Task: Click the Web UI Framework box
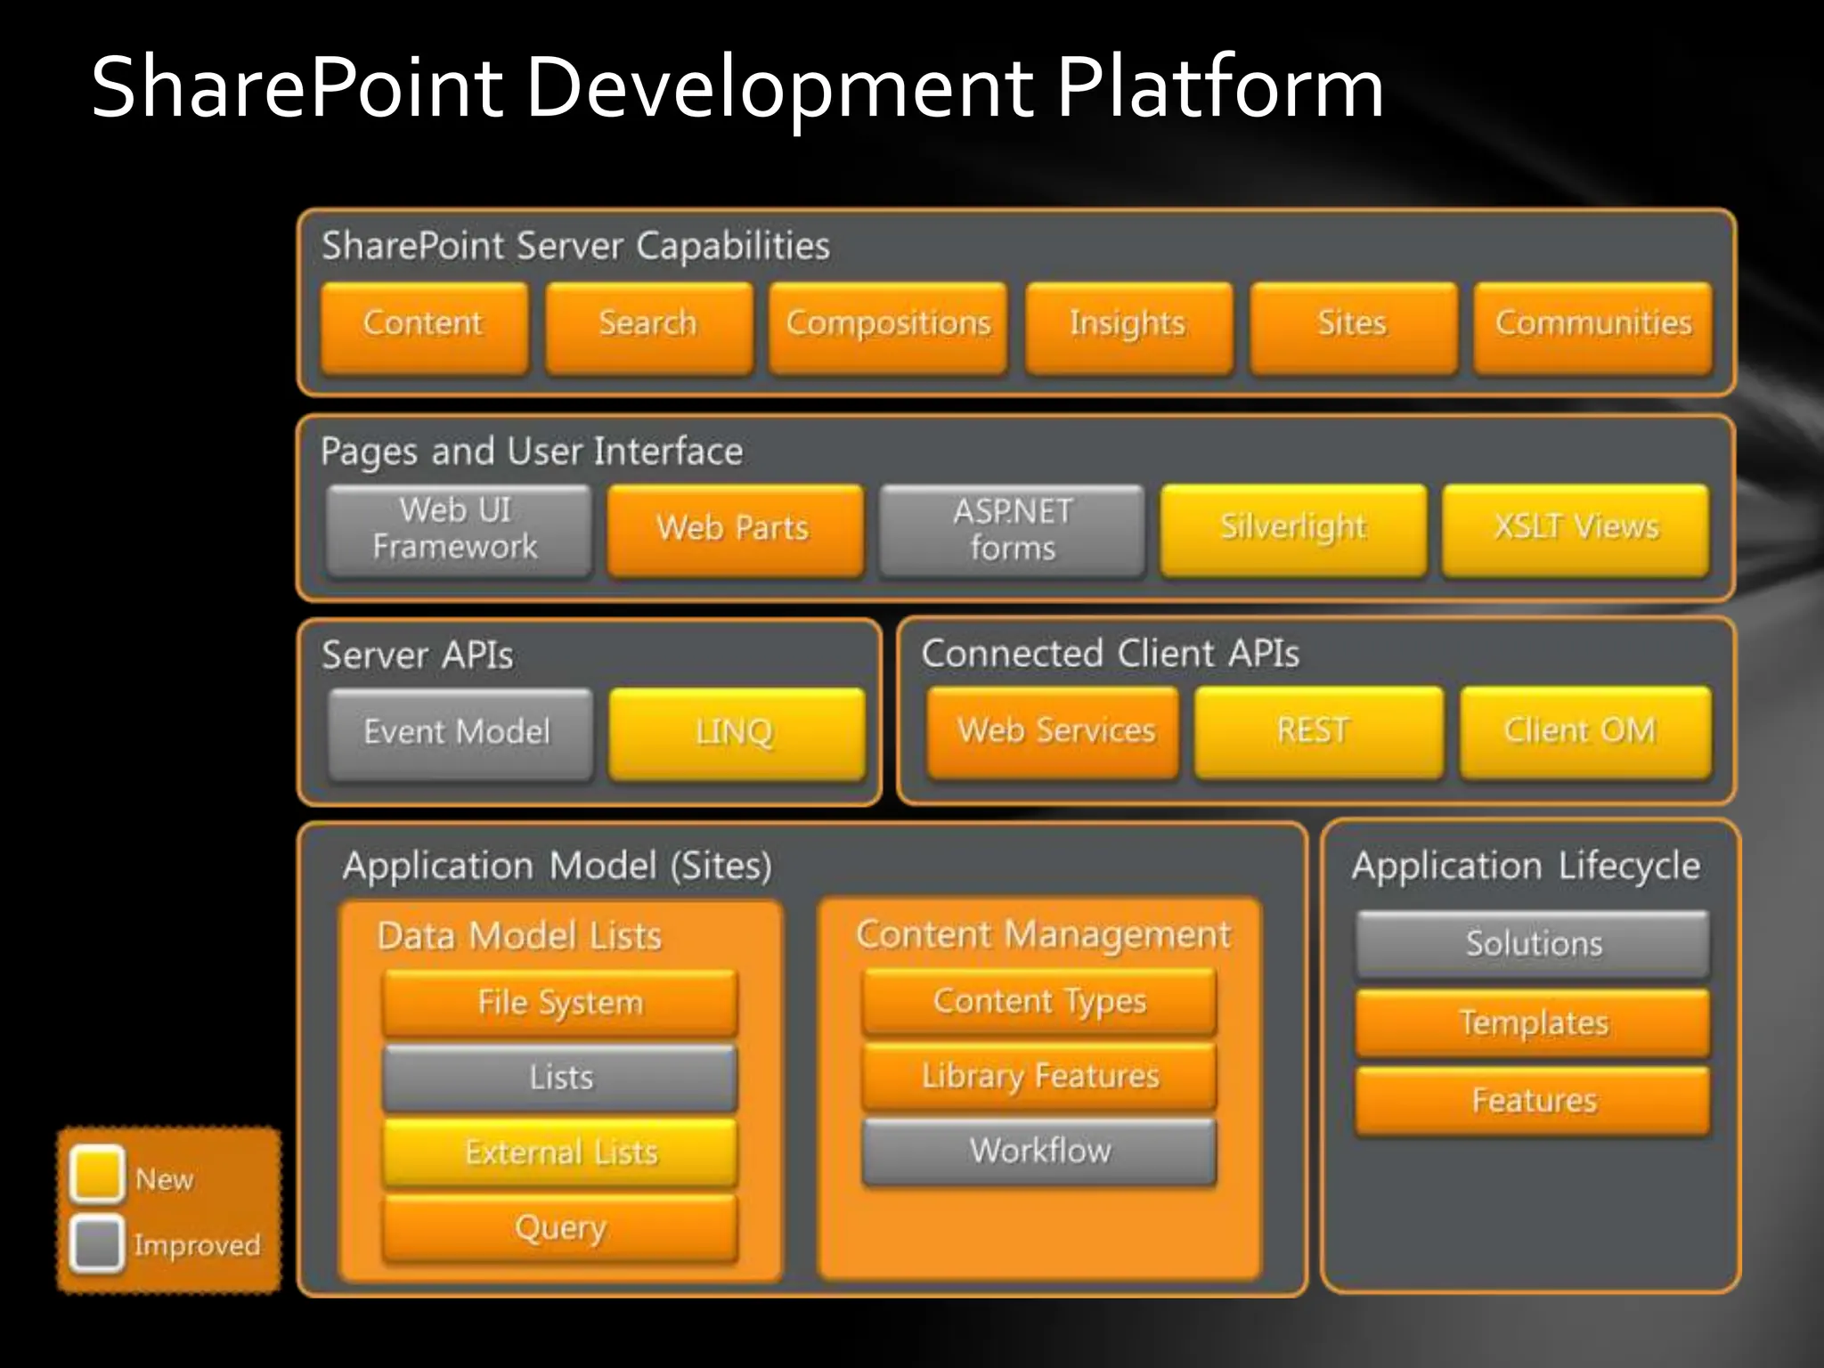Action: pos(458,529)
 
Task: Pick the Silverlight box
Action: pos(1293,529)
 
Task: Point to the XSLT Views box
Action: pos(1576,529)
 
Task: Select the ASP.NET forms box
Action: pos(1012,529)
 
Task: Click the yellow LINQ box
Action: pos(737,733)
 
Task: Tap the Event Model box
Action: pos(460,733)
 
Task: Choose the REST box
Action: pos(1318,731)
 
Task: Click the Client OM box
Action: pos(1584,731)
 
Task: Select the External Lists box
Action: pos(560,1152)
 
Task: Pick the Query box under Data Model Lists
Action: pos(560,1228)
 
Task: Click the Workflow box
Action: pos(1039,1151)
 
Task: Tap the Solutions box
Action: pos(1533,943)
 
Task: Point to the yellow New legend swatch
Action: pos(96,1174)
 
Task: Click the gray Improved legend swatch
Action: pos(96,1242)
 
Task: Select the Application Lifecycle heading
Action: pos(1526,866)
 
